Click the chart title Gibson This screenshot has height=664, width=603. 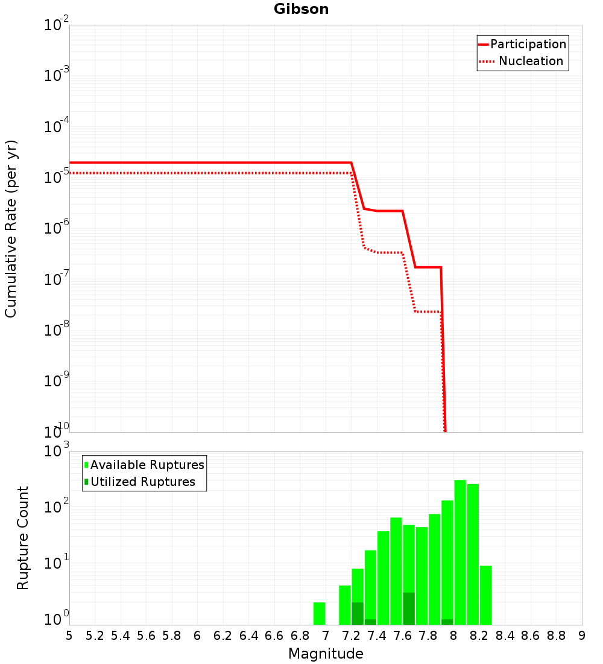(x=301, y=9)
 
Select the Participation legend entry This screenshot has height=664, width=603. (x=528, y=44)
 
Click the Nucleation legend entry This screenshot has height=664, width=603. (x=531, y=61)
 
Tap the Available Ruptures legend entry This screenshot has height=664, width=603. (x=147, y=465)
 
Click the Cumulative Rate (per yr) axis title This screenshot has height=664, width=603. (x=11, y=228)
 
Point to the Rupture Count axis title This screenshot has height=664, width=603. (x=23, y=538)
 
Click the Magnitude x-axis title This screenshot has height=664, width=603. (x=326, y=654)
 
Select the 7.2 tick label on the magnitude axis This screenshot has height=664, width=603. (x=352, y=636)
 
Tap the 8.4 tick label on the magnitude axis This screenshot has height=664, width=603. (x=505, y=636)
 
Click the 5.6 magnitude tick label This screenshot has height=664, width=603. (x=147, y=636)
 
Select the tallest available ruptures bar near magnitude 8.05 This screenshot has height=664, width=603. (x=460, y=552)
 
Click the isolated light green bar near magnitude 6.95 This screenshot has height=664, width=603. (x=320, y=613)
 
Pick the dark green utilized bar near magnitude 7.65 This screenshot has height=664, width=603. (x=409, y=608)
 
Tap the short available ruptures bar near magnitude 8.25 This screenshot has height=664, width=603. (x=486, y=595)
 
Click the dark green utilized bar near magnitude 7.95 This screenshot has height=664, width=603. (x=447, y=622)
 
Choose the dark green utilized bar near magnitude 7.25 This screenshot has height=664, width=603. (x=358, y=613)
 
